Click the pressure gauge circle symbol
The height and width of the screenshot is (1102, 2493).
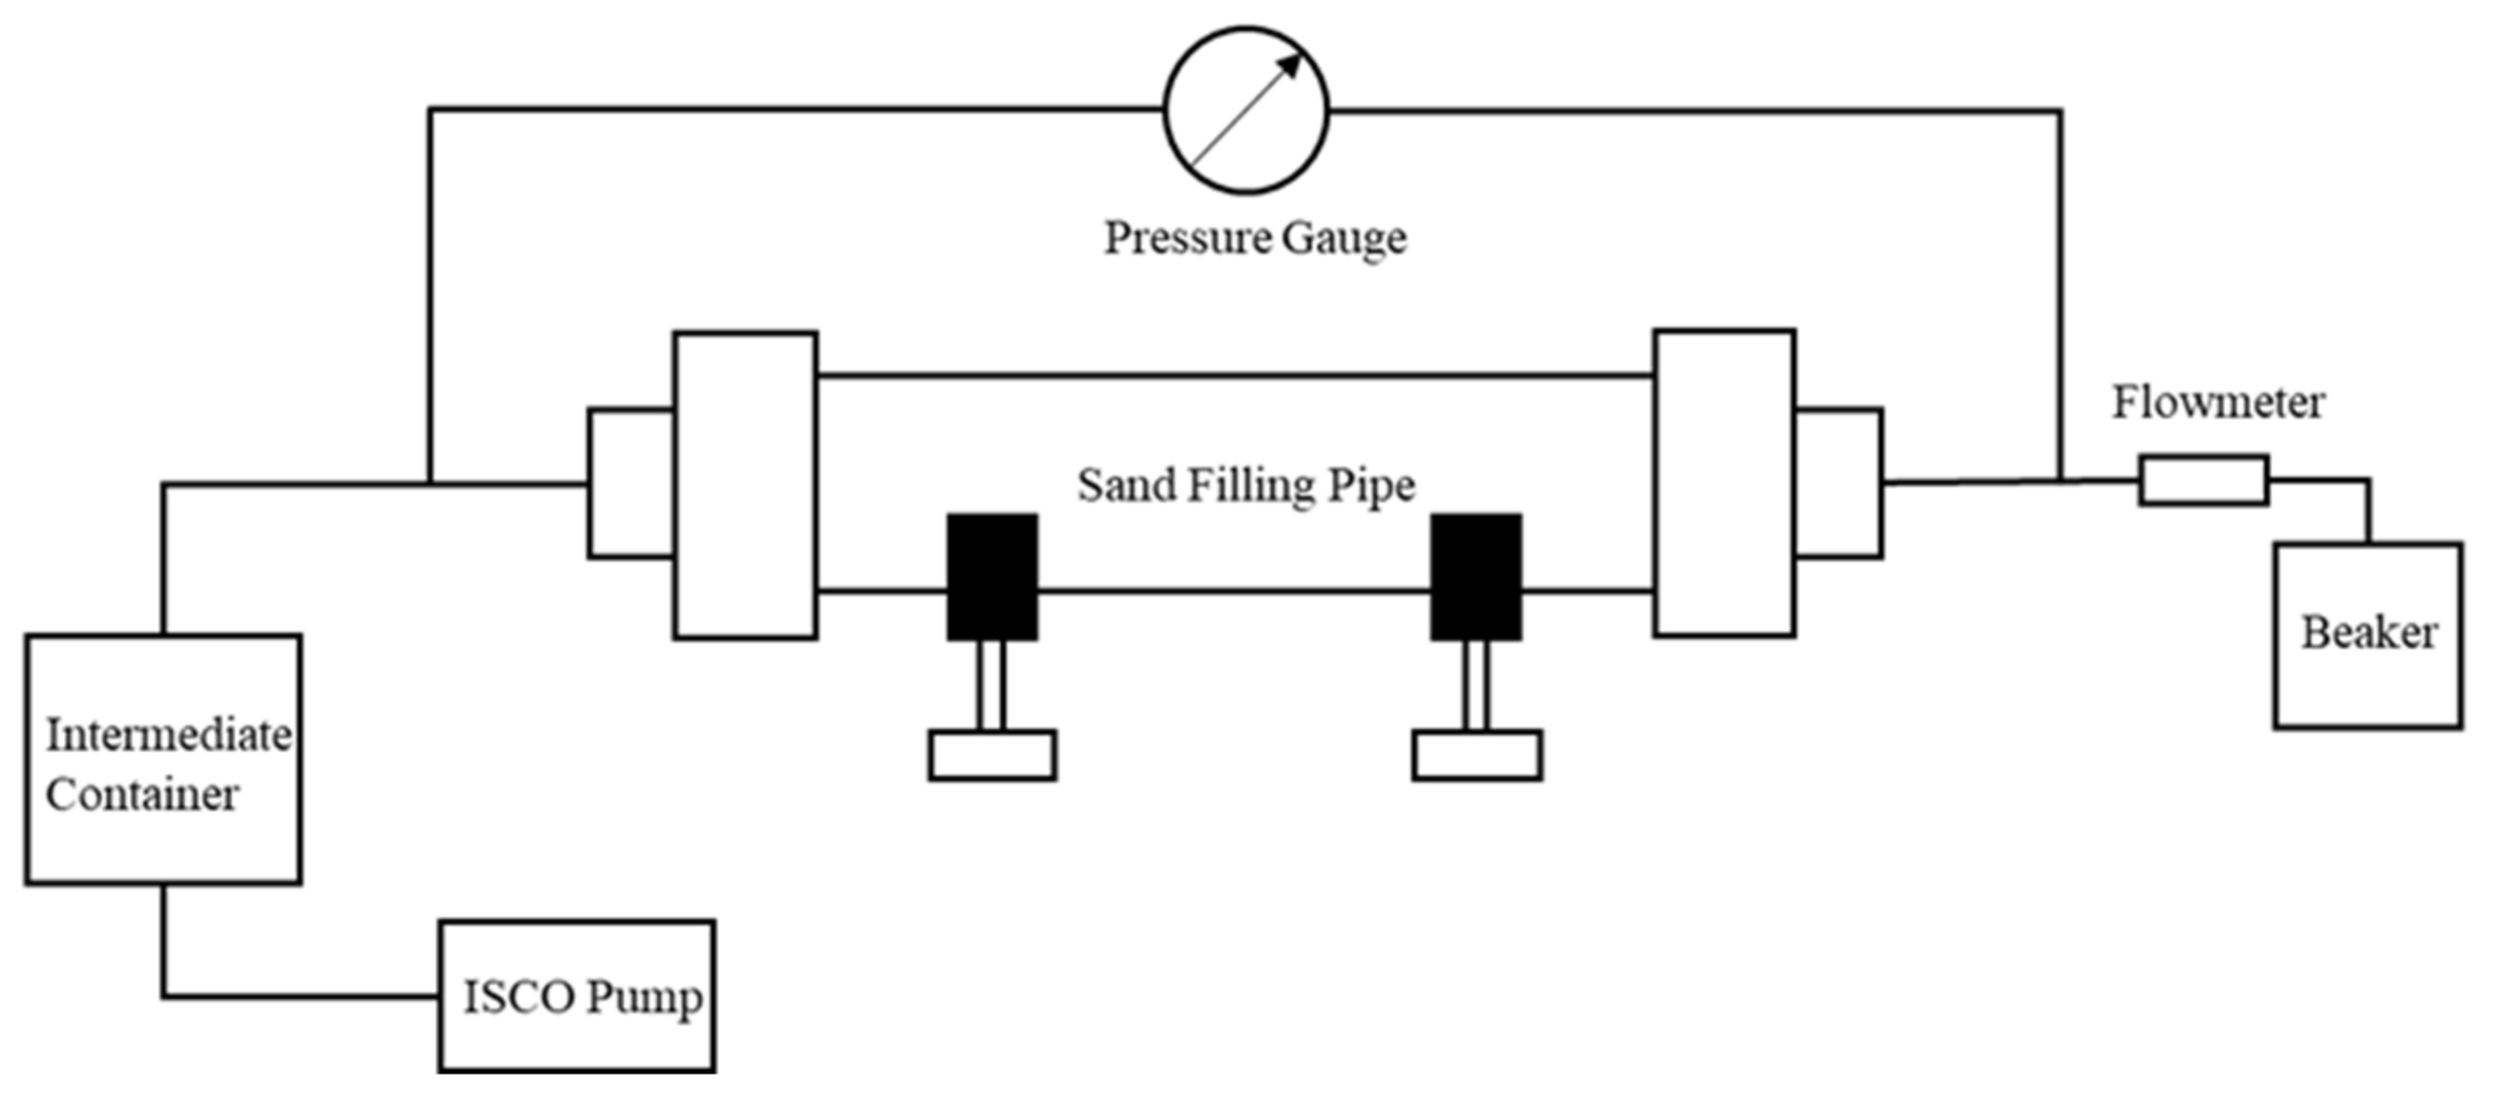(1246, 111)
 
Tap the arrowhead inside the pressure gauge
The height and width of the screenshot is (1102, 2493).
(1291, 64)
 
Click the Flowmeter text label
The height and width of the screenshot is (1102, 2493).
(2218, 402)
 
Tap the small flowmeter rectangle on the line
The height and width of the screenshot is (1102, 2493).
(2204, 481)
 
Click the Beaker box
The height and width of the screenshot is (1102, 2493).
(2368, 635)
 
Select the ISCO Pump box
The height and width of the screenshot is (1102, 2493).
(577, 996)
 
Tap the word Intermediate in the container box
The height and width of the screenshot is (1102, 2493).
(168, 735)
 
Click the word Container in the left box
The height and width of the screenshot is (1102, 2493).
(141, 795)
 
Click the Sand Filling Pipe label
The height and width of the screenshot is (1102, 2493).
(1246, 484)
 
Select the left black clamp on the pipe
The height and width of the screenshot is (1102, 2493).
(992, 577)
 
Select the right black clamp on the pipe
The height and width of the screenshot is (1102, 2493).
(1476, 577)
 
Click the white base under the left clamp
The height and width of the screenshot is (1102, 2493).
(992, 755)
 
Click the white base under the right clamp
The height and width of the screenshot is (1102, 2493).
(1477, 755)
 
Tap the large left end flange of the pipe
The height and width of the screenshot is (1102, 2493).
(745, 484)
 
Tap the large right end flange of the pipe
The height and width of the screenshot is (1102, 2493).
(1724, 483)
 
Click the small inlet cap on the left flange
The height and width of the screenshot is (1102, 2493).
(631, 483)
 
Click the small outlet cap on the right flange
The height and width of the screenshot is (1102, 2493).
(1838, 483)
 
